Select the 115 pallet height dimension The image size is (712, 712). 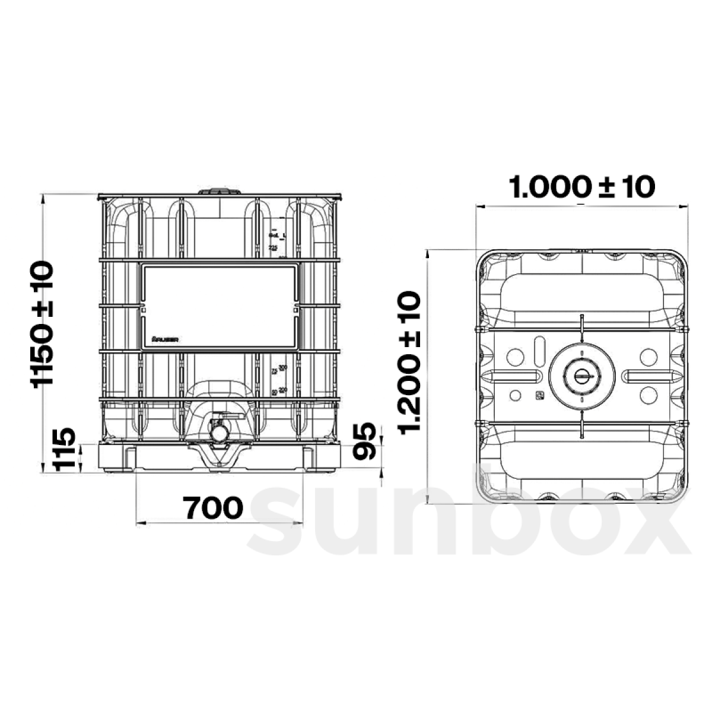(x=65, y=449)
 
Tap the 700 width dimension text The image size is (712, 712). (x=212, y=507)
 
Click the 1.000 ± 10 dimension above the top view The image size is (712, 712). (x=582, y=187)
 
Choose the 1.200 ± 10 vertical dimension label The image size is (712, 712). (x=409, y=363)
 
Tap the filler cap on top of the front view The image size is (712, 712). (x=220, y=192)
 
